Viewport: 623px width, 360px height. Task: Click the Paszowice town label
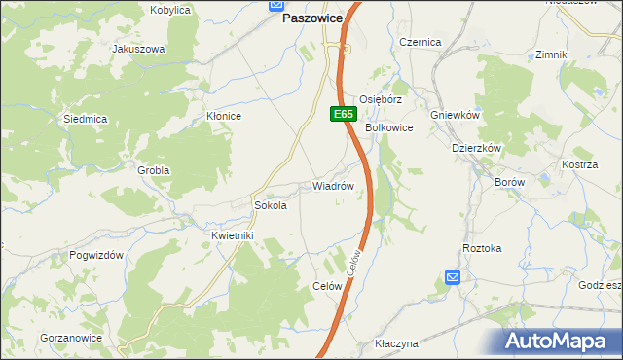pos(312,18)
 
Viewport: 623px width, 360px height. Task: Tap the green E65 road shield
pos(342,114)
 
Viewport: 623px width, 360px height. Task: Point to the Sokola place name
pos(270,206)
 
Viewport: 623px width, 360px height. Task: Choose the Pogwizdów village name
pos(95,254)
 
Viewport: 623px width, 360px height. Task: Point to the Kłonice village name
pos(224,116)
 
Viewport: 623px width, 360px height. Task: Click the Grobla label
pos(154,170)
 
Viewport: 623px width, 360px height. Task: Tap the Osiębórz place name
pos(381,100)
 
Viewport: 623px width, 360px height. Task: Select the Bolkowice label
pos(389,127)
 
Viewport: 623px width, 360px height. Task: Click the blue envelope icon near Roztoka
pos(453,277)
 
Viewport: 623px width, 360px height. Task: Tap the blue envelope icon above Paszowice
pos(275,4)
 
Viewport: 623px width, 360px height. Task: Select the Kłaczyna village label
pos(396,344)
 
